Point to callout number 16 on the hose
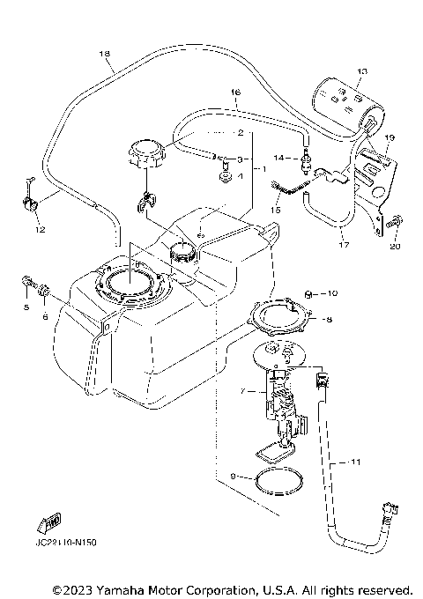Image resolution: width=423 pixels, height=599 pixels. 234,92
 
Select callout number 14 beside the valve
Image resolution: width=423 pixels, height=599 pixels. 276,159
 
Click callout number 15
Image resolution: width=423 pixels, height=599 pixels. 275,211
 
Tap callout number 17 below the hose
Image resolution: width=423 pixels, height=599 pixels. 345,236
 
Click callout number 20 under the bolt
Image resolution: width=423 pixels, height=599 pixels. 394,248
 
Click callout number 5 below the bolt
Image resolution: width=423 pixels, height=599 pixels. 26,307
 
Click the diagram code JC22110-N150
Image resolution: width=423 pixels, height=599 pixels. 66,543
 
